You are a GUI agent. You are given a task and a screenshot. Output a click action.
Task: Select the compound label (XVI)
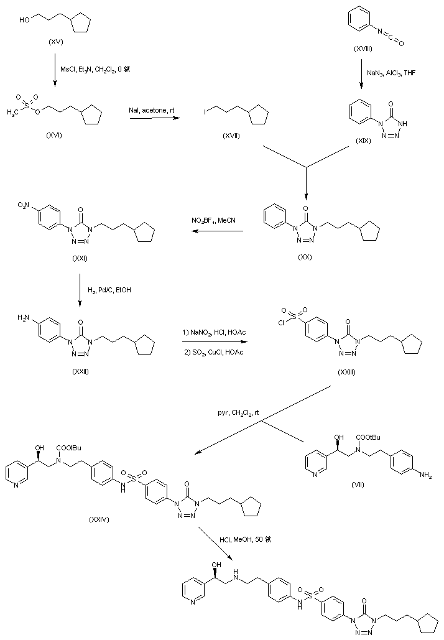pyautogui.click(x=57, y=134)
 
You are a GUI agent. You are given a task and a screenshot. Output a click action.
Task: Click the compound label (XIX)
pyautogui.click(x=363, y=141)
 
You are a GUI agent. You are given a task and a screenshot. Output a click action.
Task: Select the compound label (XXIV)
pyautogui.click(x=99, y=520)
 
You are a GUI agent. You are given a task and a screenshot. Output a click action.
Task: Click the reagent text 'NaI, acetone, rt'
pyautogui.click(x=152, y=109)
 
